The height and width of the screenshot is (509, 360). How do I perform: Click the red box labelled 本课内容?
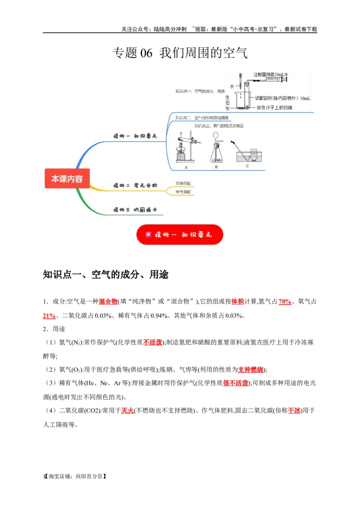(67, 179)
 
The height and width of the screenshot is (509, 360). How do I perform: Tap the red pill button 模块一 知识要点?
(180, 235)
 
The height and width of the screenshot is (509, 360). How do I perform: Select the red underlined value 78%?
(285, 302)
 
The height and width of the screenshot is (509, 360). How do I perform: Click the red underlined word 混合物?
(108, 302)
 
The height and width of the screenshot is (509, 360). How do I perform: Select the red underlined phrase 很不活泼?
(236, 383)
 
